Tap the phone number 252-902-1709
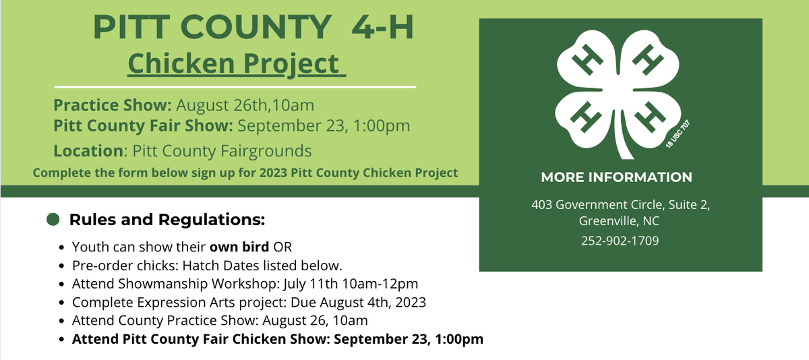[620, 241]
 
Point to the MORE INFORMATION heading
[616, 177]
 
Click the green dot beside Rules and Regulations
[53, 219]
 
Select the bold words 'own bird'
[239, 245]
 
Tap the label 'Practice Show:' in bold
[113, 106]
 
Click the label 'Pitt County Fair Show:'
[144, 125]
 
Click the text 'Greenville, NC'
[620, 220]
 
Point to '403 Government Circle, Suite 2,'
[620, 204]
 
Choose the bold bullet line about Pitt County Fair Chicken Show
[277, 339]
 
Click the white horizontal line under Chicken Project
[235, 87]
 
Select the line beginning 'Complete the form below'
[245, 173]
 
